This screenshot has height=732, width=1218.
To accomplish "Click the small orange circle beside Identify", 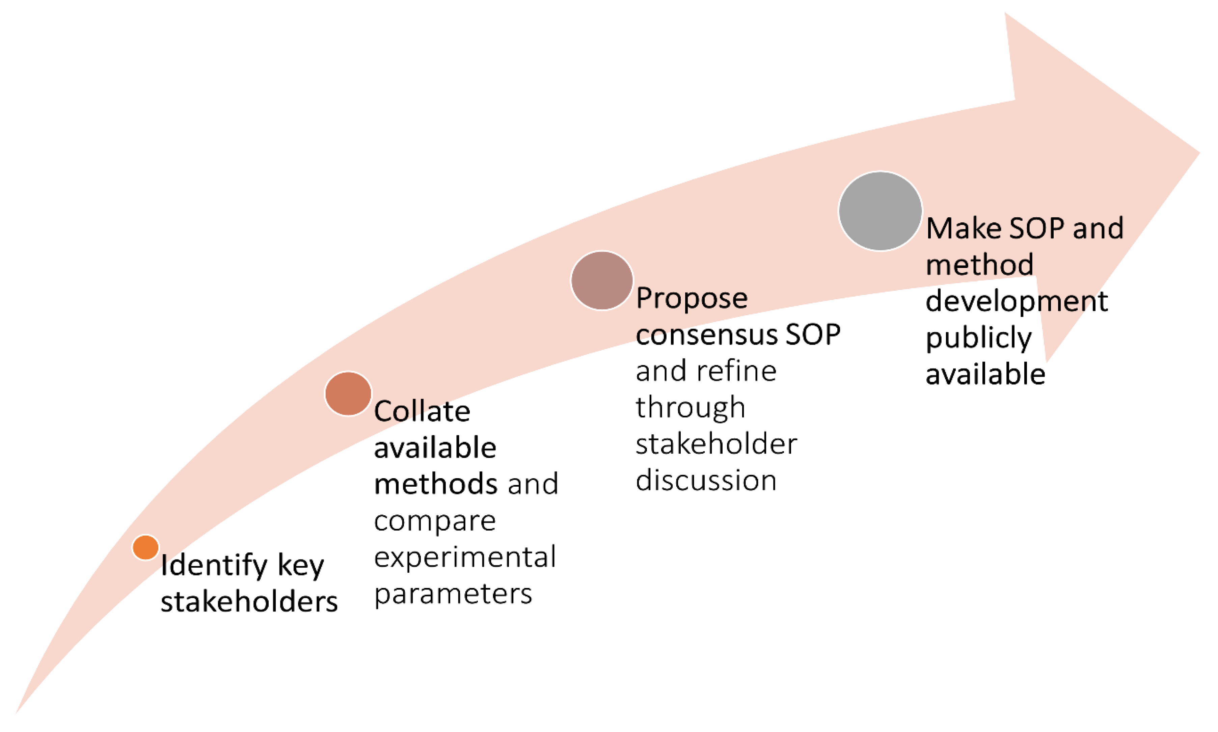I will click(x=145, y=547).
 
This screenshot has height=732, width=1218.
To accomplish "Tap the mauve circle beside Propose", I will click(x=602, y=280).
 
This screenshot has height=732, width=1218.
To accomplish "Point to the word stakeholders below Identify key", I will click(x=249, y=602).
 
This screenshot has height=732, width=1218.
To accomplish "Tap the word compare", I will click(x=434, y=521).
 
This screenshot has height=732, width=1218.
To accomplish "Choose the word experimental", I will click(x=464, y=557).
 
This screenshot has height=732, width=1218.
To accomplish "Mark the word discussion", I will click(x=706, y=480).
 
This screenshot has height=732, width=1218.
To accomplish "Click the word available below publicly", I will click(x=985, y=374).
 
